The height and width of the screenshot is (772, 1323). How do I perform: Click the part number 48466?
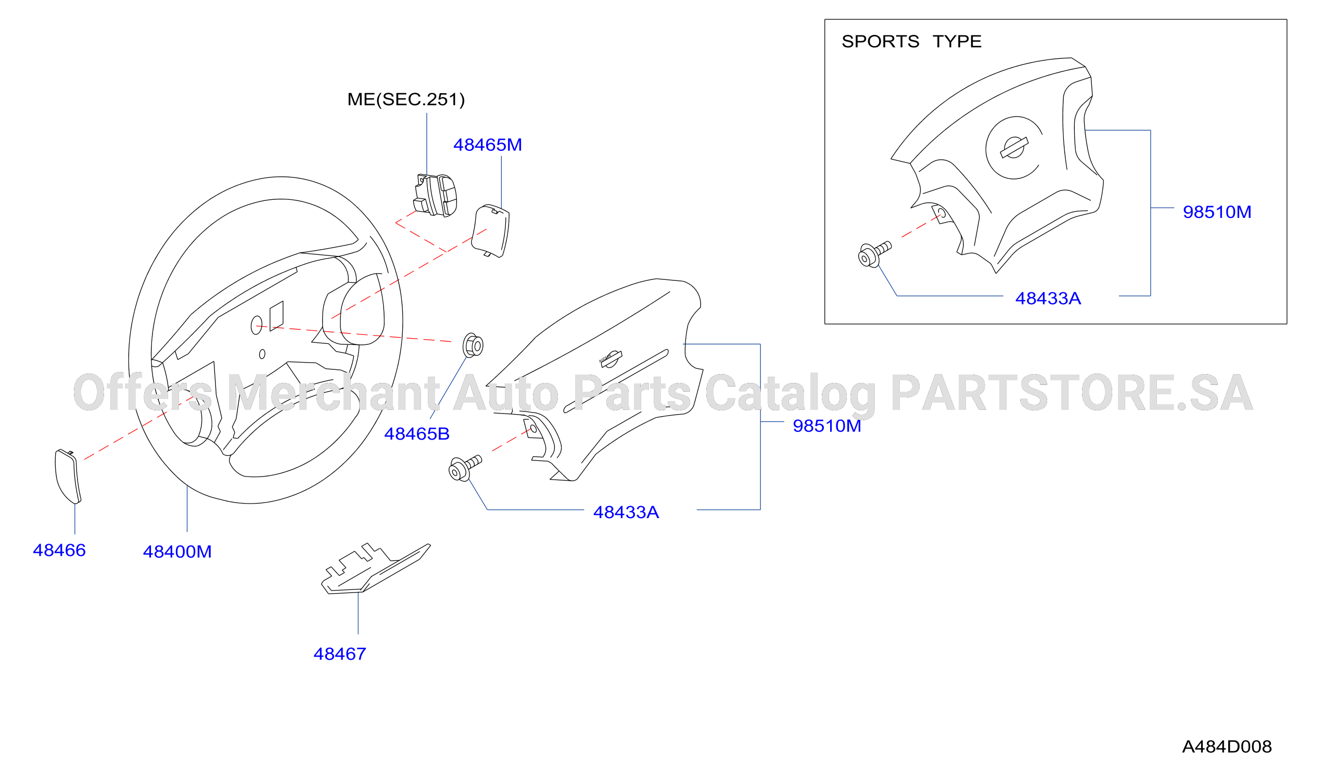[59, 550]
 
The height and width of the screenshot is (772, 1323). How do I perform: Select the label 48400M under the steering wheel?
[177, 552]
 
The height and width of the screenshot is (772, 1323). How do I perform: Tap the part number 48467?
[340, 654]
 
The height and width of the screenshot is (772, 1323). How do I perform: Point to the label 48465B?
[417, 434]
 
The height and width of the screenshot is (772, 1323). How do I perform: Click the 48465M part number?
[488, 145]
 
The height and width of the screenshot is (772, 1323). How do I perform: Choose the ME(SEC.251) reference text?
[406, 99]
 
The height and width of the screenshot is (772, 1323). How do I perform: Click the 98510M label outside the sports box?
[827, 426]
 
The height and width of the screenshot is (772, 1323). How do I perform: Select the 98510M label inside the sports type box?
[1217, 212]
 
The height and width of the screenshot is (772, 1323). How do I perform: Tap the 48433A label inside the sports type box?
[1048, 299]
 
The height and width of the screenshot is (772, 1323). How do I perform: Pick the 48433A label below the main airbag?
[626, 512]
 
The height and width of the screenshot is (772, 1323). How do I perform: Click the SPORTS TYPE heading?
[911, 42]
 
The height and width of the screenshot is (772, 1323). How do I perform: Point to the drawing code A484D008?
[1227, 747]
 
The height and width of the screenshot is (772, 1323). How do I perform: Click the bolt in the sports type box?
[874, 254]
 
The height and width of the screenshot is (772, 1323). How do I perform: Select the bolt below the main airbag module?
[465, 468]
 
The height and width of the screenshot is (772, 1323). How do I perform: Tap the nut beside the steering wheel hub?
[473, 346]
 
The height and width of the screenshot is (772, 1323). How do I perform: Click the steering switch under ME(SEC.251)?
[435, 195]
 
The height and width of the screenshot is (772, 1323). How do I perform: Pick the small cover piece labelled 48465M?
[490, 231]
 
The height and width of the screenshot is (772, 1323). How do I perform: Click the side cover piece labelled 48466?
[68, 477]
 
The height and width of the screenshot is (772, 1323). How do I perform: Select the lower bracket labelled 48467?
[375, 569]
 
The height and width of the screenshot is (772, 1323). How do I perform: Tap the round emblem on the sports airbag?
[1014, 148]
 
